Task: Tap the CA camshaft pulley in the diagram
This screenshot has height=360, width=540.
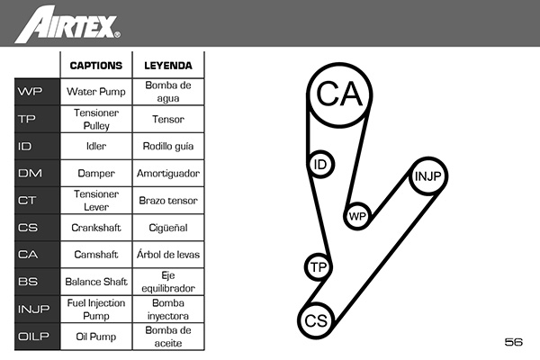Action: coord(339,94)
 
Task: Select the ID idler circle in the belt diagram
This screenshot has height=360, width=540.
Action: coord(319,165)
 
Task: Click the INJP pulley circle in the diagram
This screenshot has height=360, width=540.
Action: coord(427,176)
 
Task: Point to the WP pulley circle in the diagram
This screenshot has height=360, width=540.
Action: coord(357,216)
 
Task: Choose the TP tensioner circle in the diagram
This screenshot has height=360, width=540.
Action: coord(317,266)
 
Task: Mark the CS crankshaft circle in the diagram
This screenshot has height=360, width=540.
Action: coord(315,321)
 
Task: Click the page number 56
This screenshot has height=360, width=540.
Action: coord(514,342)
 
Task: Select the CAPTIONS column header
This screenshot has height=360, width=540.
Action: coord(95,66)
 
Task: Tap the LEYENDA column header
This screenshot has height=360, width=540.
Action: coord(167,66)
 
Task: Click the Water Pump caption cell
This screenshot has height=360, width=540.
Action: coord(95,91)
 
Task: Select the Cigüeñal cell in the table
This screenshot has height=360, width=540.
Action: coord(167,228)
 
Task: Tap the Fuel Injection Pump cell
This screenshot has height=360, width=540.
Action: coord(95,310)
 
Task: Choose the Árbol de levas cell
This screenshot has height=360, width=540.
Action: coord(167,255)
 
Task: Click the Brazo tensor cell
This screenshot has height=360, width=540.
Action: coord(167,200)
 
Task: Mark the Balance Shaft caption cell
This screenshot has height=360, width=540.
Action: coord(95,282)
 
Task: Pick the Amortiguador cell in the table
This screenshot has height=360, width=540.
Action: coord(167,173)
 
